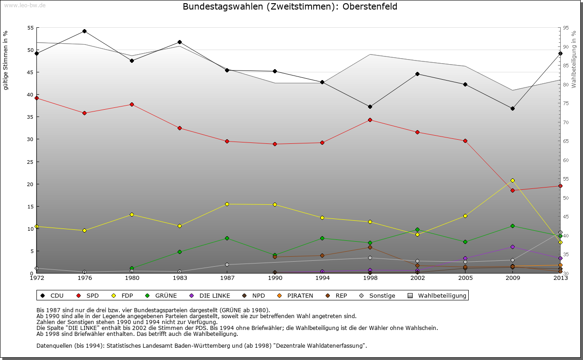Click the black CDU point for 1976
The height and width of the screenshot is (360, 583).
coord(84,31)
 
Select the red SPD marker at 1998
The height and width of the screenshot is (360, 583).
coord(370,120)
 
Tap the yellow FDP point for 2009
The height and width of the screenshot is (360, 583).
coord(512,180)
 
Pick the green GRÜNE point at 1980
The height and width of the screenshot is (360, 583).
coord(132,268)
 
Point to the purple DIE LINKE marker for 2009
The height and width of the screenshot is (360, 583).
coord(512,247)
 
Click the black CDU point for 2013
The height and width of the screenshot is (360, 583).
coord(560,53)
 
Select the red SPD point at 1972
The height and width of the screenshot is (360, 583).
coord(36,98)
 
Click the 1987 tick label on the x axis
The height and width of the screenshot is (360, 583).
coord(227,278)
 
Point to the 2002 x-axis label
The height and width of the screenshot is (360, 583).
coord(418,278)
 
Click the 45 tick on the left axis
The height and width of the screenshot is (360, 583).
coord(30,72)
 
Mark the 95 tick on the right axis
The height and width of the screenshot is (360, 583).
coord(566,28)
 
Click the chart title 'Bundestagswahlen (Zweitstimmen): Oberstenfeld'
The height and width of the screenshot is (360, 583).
coord(290,6)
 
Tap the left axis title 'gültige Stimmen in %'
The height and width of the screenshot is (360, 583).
coord(5,60)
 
